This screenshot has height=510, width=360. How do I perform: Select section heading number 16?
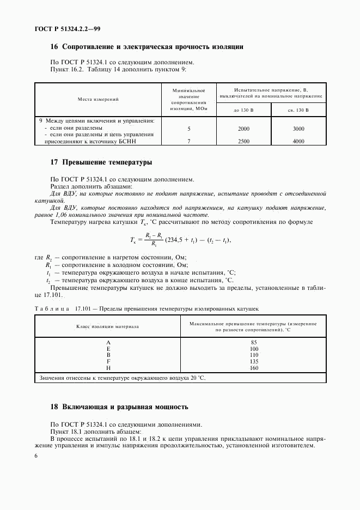[54, 47]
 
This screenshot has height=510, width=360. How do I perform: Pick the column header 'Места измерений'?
[98, 99]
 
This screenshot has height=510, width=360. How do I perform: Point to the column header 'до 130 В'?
[243, 109]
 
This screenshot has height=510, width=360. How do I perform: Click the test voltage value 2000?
[243, 129]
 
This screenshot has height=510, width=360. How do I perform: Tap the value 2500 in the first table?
[243, 141]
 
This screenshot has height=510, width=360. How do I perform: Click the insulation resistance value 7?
[188, 141]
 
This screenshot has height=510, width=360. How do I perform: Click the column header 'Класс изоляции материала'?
[107, 327]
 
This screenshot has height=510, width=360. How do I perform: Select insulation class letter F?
[108, 361]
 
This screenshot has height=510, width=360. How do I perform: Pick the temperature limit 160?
[253, 367]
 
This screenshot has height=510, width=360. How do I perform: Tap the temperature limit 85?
[253, 342]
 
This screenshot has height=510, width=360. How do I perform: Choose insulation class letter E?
[108, 348]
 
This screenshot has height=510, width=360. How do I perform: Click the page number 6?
[36, 456]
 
